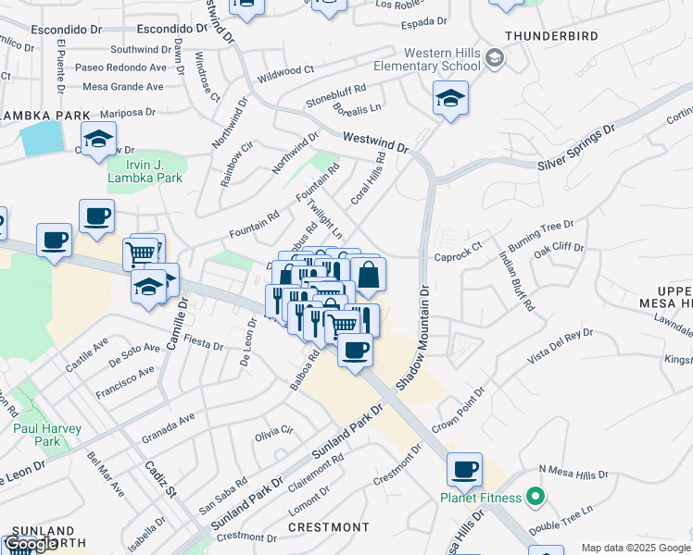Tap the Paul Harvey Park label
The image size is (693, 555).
(47, 435)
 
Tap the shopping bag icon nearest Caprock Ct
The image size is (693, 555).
(368, 274)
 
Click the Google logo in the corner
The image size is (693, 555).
(31, 544)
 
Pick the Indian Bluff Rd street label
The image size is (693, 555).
(517, 280)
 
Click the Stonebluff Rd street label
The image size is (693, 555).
(336, 92)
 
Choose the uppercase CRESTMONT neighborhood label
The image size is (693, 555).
(328, 527)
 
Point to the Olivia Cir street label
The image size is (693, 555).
(274, 432)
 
